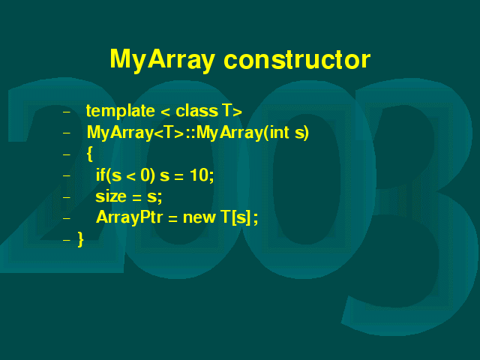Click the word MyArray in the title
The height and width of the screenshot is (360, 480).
[x=162, y=60]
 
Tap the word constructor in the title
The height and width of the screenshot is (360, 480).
[x=297, y=59]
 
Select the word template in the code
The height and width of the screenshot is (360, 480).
[x=120, y=111]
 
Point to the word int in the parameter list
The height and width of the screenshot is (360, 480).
[x=279, y=132]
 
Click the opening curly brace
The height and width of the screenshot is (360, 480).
[x=90, y=154]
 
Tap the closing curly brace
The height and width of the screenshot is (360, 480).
[x=80, y=239]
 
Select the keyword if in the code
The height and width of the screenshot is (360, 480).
[x=100, y=175]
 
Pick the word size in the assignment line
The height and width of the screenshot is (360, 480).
[x=111, y=196]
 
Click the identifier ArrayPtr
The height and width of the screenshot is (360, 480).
[x=130, y=217]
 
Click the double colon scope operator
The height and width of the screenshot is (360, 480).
[x=190, y=133]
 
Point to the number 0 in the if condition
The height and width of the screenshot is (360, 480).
[x=145, y=175]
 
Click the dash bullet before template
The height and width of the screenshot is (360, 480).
[x=67, y=112]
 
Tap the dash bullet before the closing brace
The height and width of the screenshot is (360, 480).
[x=67, y=240]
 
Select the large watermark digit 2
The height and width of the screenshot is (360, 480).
[x=61, y=175]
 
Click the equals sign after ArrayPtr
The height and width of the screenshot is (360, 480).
[x=172, y=218]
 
